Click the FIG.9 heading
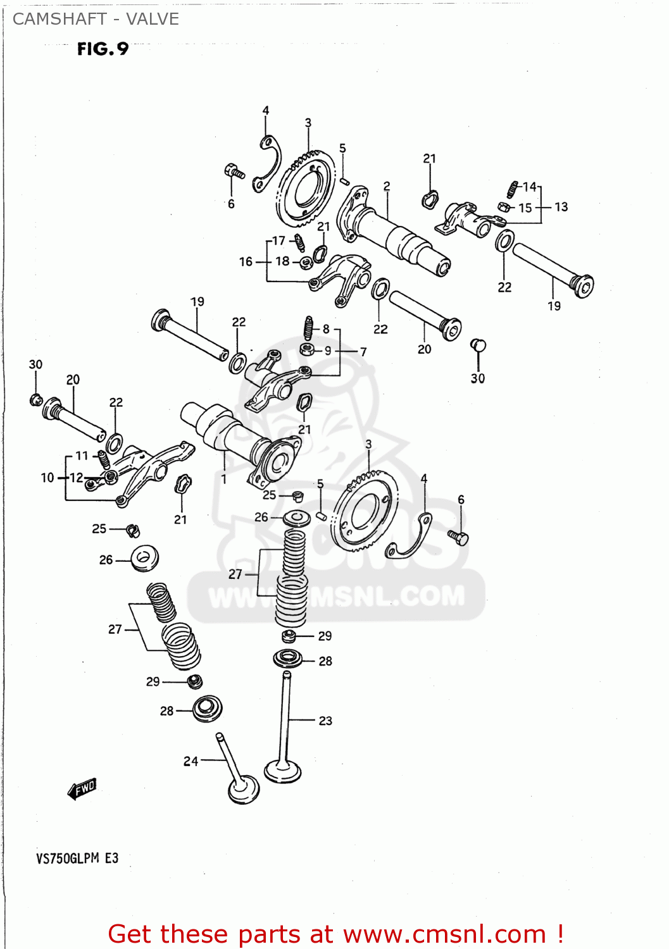[103, 49]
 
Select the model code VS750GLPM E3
[77, 859]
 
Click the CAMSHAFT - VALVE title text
[96, 19]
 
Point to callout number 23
[325, 721]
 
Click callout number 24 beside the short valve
[191, 761]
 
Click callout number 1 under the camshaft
[224, 480]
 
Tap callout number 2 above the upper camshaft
[387, 186]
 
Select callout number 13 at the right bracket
[561, 207]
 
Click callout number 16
[246, 261]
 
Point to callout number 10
[47, 478]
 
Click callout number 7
[363, 351]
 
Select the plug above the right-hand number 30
[478, 345]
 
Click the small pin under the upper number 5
[344, 181]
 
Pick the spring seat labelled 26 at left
[144, 559]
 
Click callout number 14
[529, 187]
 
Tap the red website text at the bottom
[335, 934]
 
